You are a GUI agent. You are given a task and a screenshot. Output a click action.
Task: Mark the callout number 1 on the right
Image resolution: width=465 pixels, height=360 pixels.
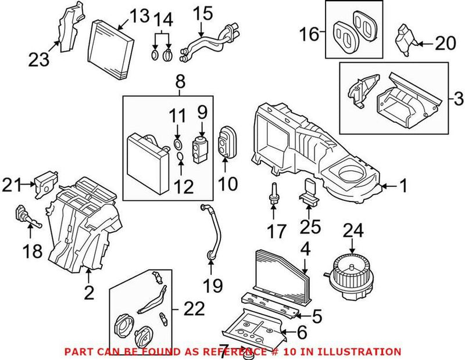(402, 186)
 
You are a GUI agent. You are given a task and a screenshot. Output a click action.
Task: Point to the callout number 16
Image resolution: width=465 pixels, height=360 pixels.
(309, 34)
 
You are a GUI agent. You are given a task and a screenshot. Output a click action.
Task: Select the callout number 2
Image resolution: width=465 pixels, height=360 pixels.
(89, 294)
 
